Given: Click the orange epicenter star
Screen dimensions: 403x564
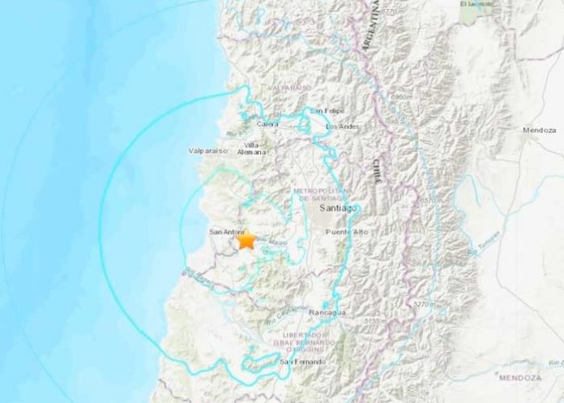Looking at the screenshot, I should click(x=246, y=241).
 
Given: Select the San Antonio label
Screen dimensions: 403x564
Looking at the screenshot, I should click(x=226, y=233).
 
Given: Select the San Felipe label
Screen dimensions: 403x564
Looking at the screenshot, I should click(x=330, y=110).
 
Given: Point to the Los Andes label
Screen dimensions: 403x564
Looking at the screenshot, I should click(x=341, y=127).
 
